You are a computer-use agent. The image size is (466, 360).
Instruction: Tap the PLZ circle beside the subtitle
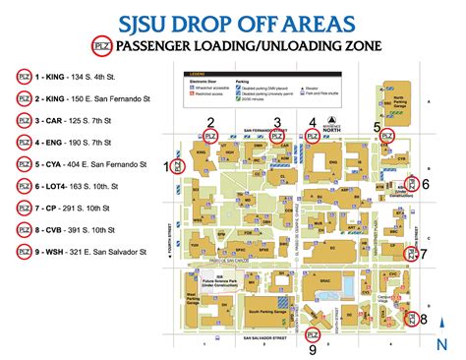point(99,46)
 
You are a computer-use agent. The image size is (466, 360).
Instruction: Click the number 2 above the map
point(210,122)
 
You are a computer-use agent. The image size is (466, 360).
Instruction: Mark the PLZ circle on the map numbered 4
point(313,137)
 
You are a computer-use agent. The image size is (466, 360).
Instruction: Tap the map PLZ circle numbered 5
point(386,137)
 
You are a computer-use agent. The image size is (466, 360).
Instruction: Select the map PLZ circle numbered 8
point(410,318)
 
